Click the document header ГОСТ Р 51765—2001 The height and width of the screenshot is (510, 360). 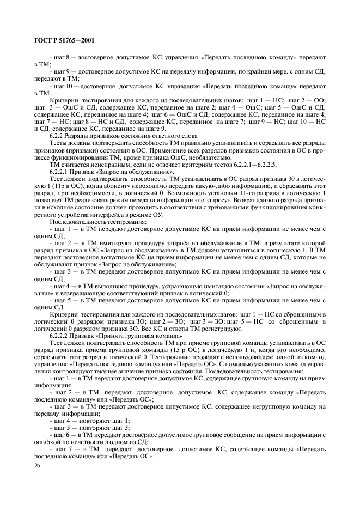click(57, 41)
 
